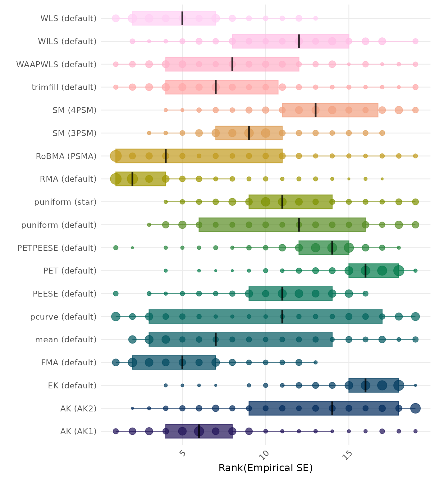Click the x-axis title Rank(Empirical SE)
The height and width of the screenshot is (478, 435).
(x=265, y=468)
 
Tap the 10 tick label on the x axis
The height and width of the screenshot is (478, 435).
(x=265, y=455)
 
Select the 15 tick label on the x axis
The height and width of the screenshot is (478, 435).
(x=348, y=455)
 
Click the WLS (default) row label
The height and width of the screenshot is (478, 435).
(x=68, y=18)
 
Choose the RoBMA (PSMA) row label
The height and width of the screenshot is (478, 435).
(x=66, y=156)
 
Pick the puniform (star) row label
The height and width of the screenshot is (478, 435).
(x=65, y=202)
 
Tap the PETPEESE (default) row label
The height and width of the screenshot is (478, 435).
(x=57, y=248)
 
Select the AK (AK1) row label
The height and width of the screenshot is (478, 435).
(x=78, y=431)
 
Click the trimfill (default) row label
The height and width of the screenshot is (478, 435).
(x=64, y=87)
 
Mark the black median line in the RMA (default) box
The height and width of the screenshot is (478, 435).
(x=132, y=179)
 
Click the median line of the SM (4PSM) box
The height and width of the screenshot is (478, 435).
(x=316, y=110)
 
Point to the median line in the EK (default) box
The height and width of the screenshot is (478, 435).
(x=365, y=385)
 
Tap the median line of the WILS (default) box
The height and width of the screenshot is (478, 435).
(x=299, y=41)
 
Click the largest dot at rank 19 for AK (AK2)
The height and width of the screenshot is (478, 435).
(x=415, y=408)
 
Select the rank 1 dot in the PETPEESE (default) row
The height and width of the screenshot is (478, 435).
(x=116, y=248)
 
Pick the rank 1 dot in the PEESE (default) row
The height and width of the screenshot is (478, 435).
(x=116, y=293)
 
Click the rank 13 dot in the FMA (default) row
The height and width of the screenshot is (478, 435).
(x=316, y=362)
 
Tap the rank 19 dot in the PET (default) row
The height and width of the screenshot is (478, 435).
(x=415, y=271)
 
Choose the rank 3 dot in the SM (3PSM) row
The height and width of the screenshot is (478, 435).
(x=149, y=133)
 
